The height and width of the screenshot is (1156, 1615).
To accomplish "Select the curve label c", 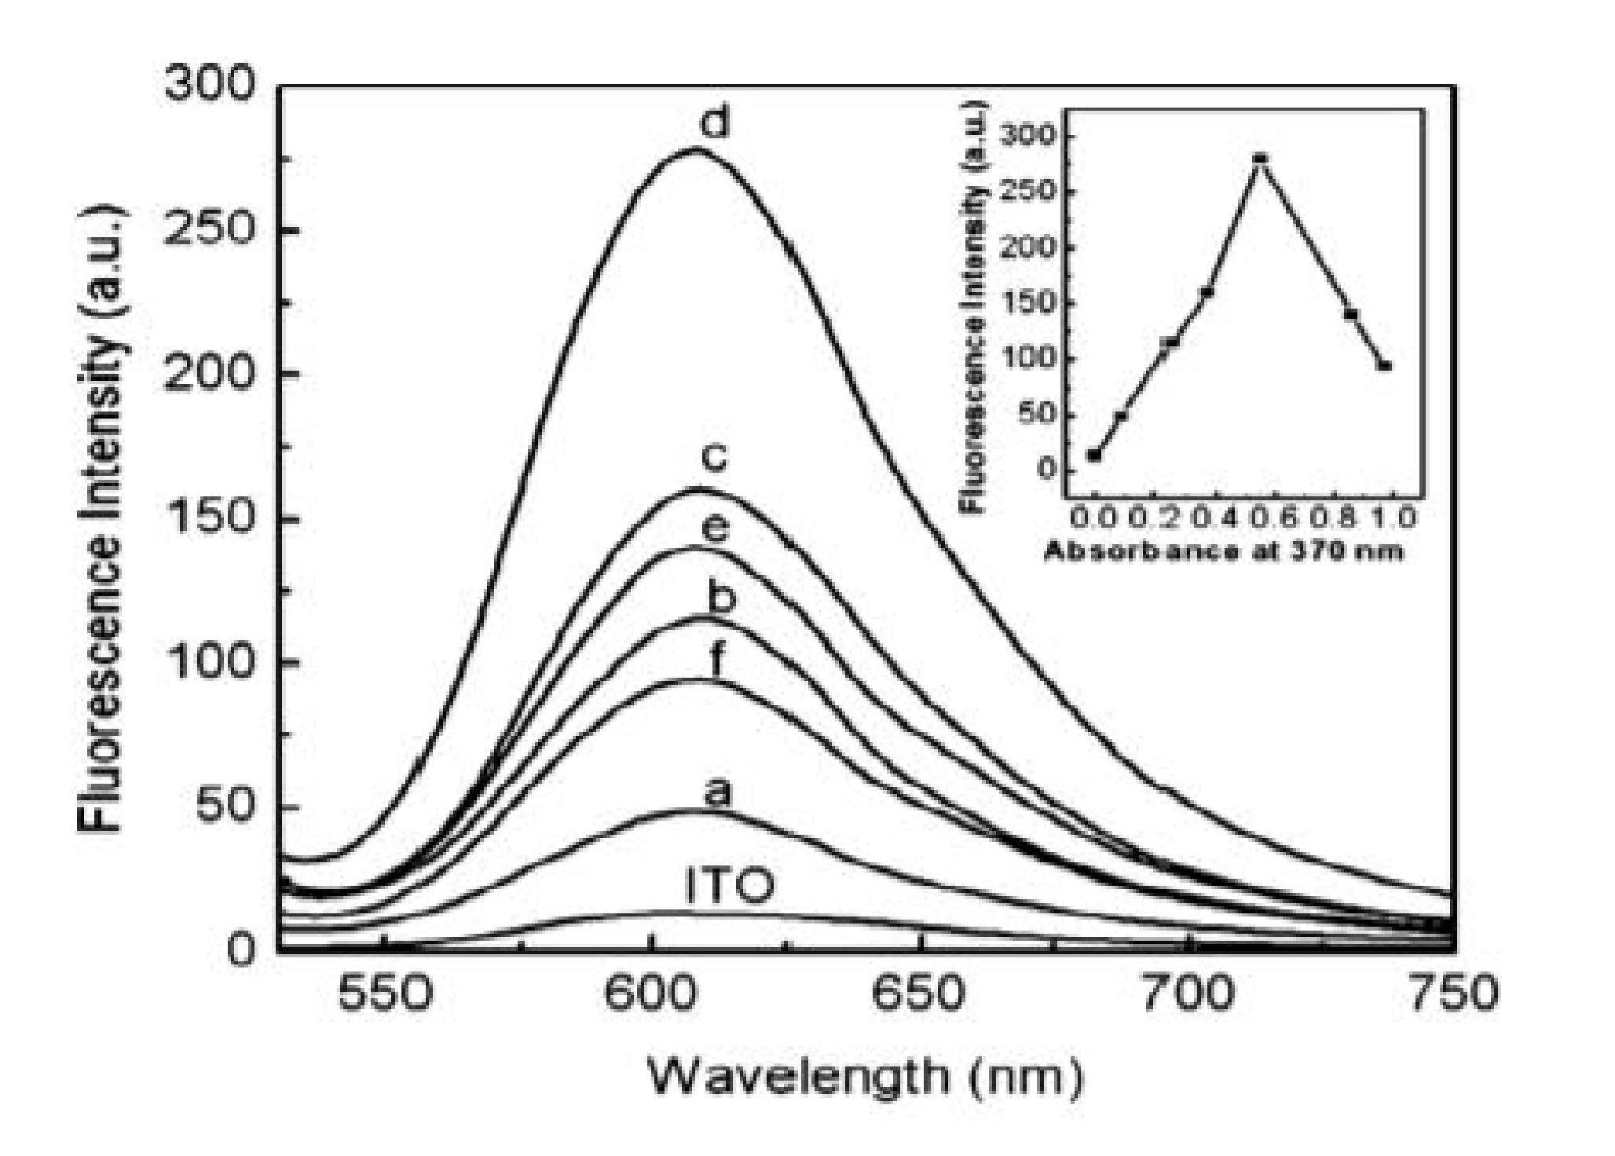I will (714, 458).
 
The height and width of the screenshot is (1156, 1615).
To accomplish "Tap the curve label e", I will (714, 529).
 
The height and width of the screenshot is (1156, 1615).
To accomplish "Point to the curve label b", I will (721, 598).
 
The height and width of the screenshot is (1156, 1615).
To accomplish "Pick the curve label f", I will (716, 662).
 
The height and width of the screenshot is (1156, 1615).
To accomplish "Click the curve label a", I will (716, 793).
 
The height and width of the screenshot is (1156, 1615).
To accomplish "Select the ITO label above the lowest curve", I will (730, 886).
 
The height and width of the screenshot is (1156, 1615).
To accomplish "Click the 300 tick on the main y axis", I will (210, 84).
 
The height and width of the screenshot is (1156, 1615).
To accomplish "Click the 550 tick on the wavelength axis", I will (384, 993).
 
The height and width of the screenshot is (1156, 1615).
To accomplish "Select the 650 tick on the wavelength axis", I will (919, 993).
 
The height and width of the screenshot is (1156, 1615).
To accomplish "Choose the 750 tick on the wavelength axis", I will (1454, 993).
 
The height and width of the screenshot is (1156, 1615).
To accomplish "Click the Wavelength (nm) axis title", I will (865, 1075).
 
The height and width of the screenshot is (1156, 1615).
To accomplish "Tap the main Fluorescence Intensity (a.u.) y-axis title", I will (101, 518).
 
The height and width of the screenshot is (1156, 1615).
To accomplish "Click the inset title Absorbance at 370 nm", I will (1223, 551).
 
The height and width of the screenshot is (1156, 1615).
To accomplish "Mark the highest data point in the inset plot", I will (1261, 159).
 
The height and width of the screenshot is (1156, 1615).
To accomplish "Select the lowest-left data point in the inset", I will (1093, 455).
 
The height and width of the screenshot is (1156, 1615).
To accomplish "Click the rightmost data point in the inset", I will (1385, 365).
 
